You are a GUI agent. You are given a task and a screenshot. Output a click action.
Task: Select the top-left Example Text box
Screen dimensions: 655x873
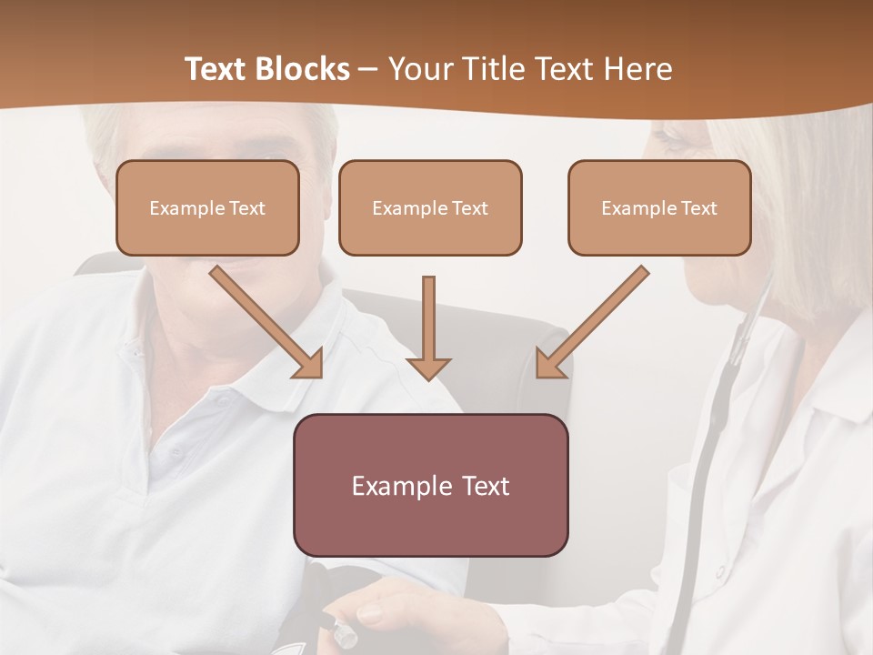(x=207, y=207)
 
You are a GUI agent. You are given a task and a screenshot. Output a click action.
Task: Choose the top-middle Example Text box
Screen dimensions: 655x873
(x=430, y=207)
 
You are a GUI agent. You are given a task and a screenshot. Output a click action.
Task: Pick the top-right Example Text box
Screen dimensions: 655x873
(x=659, y=207)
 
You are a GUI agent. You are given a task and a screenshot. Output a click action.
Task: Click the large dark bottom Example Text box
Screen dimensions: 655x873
(x=430, y=485)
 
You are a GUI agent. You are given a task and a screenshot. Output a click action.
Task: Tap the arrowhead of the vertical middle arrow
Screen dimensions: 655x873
(x=428, y=368)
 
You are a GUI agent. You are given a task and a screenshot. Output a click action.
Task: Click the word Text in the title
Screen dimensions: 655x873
(x=218, y=69)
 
